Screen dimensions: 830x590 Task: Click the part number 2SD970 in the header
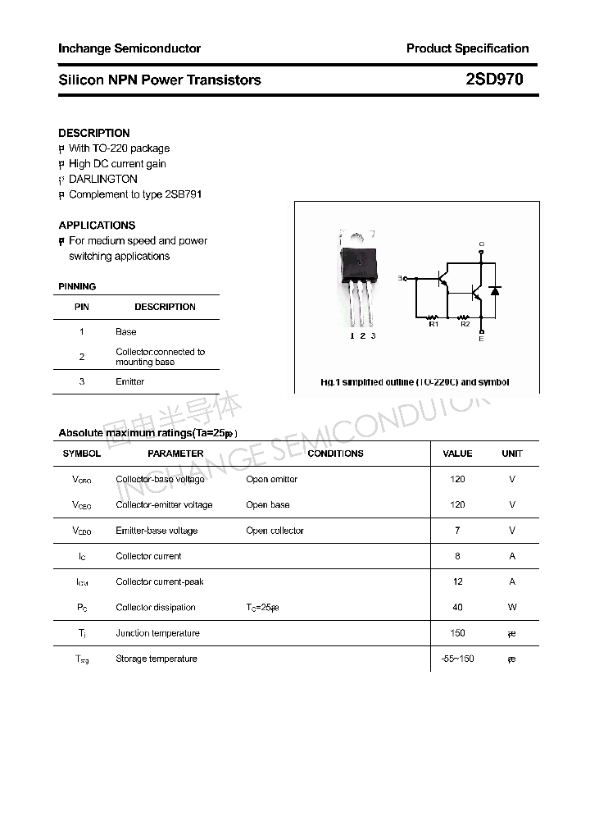[x=494, y=80]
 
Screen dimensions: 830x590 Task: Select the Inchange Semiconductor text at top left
[x=129, y=48]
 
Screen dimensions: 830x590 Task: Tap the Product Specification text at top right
[x=467, y=48]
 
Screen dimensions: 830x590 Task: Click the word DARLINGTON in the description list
[x=102, y=179]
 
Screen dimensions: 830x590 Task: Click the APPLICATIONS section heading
[x=97, y=225]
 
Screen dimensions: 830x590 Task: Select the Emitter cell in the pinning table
[x=129, y=381]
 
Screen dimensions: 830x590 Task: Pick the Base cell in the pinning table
[x=125, y=331]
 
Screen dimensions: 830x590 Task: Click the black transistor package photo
[x=360, y=262]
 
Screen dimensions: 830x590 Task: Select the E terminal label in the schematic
[x=481, y=339]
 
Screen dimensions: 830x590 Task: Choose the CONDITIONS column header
[x=335, y=454]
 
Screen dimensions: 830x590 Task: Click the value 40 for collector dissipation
[x=457, y=608]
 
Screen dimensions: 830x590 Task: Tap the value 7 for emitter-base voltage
[x=457, y=531]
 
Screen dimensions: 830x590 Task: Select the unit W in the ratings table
[x=512, y=608]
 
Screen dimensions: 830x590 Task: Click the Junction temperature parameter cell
[x=157, y=633]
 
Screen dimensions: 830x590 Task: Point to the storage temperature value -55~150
[x=457, y=659]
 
